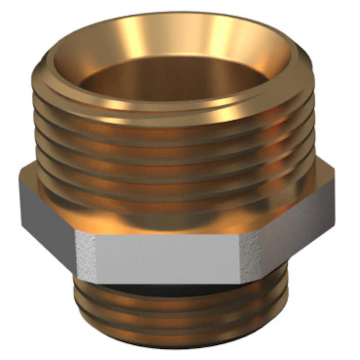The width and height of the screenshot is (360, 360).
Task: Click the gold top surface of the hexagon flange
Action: coord(174,222)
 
